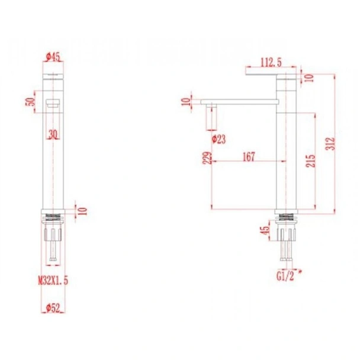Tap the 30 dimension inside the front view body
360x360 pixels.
click(x=54, y=134)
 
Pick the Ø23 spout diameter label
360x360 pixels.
click(x=219, y=139)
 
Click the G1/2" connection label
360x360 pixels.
click(x=287, y=275)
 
